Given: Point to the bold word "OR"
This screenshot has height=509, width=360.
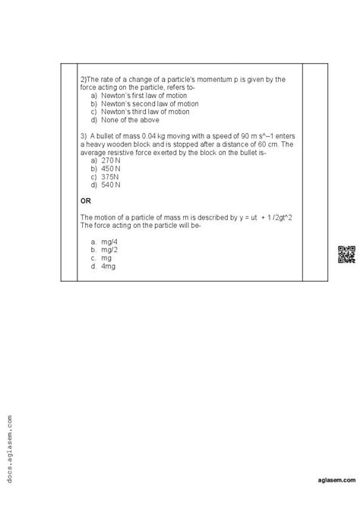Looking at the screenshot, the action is tap(85, 201).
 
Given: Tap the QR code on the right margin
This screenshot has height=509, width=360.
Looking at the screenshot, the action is tap(346, 254).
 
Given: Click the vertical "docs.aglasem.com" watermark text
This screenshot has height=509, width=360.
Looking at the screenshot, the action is tap(9, 448).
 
